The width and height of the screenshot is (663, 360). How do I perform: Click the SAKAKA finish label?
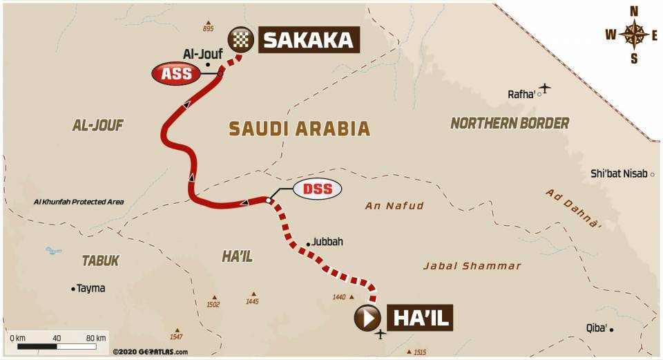[309, 40]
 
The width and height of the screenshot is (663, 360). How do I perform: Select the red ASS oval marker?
[176, 74]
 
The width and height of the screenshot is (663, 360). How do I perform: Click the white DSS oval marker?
[317, 189]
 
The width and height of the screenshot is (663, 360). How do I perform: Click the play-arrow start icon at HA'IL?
[367, 318]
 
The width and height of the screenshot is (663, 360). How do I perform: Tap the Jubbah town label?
[327, 243]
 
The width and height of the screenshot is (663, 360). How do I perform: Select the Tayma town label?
[90, 288]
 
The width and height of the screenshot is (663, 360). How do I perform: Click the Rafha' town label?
[521, 94]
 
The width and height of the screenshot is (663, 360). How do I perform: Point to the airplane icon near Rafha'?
[546, 88]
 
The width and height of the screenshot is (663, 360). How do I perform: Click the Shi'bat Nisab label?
[619, 174]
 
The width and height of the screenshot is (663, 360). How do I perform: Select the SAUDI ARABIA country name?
[300, 129]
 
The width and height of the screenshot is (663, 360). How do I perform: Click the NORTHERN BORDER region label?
[510, 123]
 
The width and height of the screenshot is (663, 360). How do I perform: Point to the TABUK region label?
[101, 260]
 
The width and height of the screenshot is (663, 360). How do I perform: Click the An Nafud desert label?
[394, 205]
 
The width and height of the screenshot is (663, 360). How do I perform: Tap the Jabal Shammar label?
[472, 266]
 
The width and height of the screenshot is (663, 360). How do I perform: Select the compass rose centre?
[633, 33]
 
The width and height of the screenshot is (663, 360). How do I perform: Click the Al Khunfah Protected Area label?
[79, 202]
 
